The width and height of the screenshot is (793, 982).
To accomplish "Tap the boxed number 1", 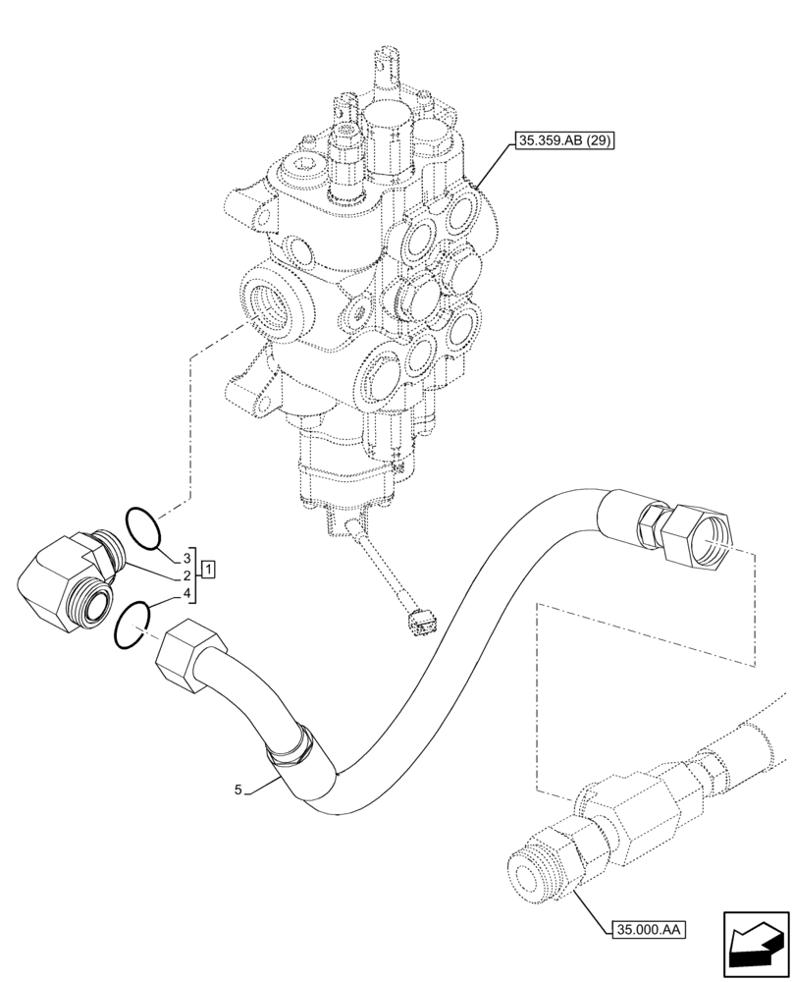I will point(208,569).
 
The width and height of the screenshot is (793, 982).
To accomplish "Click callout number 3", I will point(185,557).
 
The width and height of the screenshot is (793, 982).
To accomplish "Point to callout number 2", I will point(185,574).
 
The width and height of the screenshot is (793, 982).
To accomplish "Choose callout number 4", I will point(185,592).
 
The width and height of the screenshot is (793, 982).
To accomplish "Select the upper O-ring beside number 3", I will point(143,526).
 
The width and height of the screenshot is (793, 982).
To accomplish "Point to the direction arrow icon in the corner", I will point(755,945).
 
